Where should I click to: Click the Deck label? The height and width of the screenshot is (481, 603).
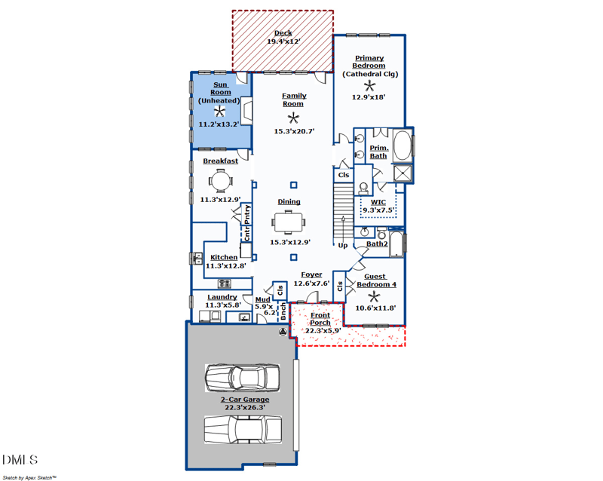283,33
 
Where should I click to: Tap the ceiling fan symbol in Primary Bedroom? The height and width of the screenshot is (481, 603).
369,86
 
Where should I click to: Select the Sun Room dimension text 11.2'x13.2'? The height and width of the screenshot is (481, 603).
219,124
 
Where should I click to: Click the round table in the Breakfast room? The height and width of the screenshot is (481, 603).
221,181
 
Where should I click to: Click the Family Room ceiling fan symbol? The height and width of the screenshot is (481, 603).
293,118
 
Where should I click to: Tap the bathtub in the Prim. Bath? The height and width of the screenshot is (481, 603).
403,146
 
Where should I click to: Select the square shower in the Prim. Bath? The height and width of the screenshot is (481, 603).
403,173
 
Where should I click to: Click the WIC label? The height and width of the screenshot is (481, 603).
378,202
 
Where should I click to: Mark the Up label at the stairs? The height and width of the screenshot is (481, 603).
343,246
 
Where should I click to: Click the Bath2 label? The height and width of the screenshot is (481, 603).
377,244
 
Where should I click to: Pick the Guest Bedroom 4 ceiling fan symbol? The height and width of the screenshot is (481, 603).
374,297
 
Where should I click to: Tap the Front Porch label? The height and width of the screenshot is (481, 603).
320,319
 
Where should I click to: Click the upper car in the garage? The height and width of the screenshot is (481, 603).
242,378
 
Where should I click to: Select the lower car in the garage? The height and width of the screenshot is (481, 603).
243,430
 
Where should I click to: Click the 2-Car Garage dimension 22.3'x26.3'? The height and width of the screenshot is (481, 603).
245,408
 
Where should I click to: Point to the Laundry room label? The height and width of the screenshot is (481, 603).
222,297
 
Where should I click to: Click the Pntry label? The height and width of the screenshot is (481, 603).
247,214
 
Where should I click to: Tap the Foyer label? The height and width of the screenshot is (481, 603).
311,274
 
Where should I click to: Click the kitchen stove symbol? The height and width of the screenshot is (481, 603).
224,283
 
